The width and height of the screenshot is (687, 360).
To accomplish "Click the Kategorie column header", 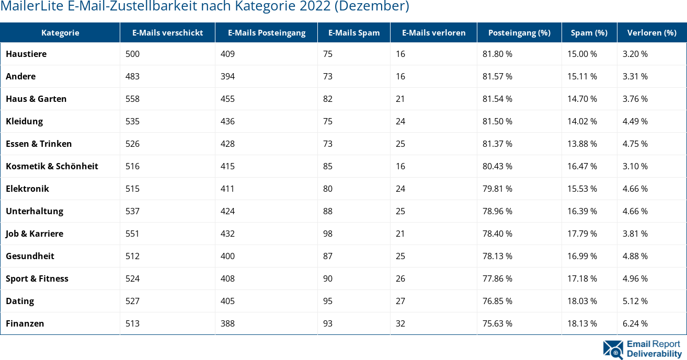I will click(60, 32).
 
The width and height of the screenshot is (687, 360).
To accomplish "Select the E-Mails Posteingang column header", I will click(267, 32).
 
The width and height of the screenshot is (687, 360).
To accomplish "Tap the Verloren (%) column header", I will click(651, 32).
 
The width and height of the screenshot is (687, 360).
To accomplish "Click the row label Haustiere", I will click(26, 54).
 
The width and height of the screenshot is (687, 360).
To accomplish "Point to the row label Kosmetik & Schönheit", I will click(52, 166).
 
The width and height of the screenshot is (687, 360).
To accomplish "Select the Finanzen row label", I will click(25, 323).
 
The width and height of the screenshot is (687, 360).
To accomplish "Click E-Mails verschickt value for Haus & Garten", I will click(132, 99).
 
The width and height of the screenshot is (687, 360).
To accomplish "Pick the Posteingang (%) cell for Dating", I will click(497, 301).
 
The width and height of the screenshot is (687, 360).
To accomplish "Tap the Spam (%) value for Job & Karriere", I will click(582, 234).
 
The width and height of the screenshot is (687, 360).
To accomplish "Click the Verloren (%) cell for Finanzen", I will click(635, 323).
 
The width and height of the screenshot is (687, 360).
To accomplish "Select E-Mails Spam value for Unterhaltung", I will click(328, 211).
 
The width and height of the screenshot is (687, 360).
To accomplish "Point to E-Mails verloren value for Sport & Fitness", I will click(400, 278).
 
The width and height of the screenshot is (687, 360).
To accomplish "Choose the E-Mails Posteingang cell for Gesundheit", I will click(227, 256).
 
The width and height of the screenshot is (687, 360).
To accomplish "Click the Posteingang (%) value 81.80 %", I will click(497, 54).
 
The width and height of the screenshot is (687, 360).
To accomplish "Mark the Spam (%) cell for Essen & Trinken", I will click(582, 144).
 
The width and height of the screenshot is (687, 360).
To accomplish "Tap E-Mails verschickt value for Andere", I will click(132, 76).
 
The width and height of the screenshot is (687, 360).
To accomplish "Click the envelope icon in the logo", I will click(613, 350).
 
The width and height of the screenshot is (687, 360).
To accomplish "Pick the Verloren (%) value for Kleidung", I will click(635, 121).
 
